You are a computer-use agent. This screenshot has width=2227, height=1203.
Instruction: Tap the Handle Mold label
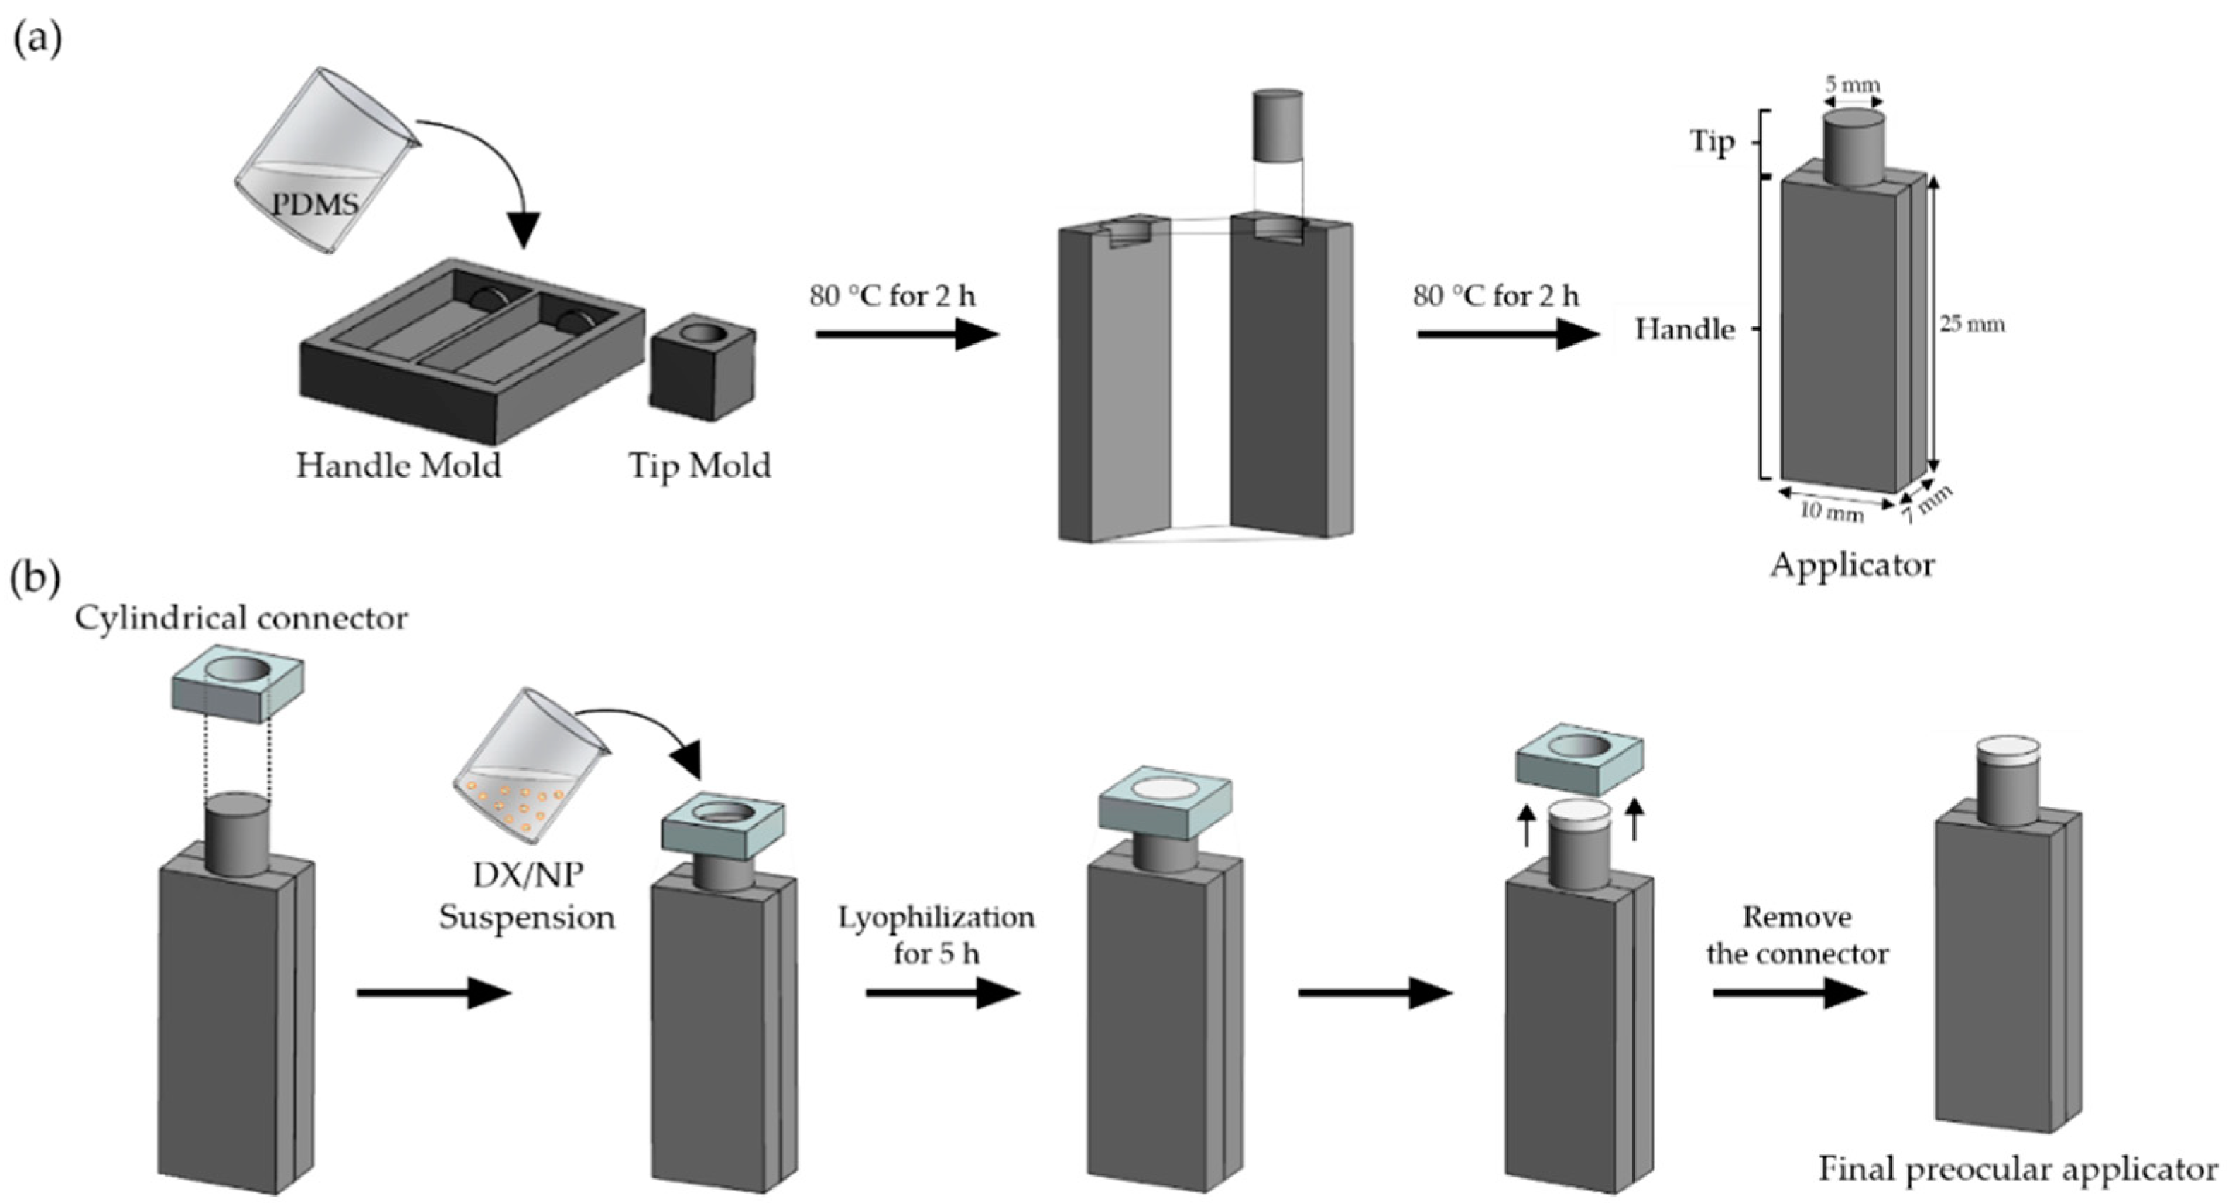[398, 466]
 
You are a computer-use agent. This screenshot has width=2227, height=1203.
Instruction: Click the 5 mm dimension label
[1852, 85]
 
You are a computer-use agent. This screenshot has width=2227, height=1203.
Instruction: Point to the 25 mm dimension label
[1971, 325]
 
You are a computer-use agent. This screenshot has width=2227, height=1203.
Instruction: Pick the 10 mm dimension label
[1831, 513]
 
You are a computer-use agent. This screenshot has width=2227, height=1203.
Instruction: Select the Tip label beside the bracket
[1712, 143]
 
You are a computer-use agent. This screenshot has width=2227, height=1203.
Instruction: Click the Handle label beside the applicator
[1685, 329]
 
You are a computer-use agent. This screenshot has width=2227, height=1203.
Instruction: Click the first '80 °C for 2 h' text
[891, 297]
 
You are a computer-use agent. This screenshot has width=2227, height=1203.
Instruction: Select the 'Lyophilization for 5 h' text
[936, 935]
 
